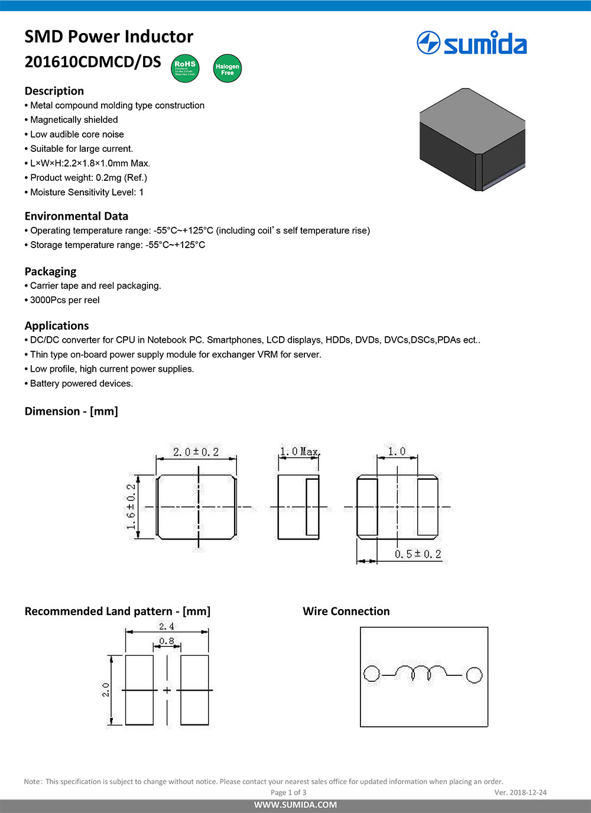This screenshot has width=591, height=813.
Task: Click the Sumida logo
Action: tap(472, 44)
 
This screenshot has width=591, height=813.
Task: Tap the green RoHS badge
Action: tap(185, 68)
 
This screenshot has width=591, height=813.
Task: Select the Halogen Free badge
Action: tap(228, 69)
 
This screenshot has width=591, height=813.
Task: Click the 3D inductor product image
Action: tap(472, 139)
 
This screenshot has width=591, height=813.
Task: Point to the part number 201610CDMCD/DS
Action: tap(93, 62)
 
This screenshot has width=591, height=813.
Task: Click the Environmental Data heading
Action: tap(76, 216)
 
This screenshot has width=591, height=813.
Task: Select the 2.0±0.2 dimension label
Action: tap(196, 452)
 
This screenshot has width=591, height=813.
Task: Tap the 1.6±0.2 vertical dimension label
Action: tap(131, 506)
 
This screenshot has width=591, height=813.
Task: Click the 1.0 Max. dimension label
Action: tap(300, 452)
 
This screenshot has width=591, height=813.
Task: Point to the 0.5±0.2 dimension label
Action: tap(418, 554)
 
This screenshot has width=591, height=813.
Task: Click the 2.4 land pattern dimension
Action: tap(167, 626)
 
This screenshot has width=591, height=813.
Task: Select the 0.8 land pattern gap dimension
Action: tap(167, 641)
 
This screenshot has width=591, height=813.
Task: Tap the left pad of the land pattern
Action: tap(139, 690)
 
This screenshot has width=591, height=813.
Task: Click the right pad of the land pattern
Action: tap(194, 690)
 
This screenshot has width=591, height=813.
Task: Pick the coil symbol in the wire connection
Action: tap(421, 672)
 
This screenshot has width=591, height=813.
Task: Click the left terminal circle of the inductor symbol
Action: tap(371, 674)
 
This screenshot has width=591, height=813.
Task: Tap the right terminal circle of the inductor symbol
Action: tap(474, 675)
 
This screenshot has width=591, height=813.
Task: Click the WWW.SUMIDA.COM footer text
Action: tap(295, 805)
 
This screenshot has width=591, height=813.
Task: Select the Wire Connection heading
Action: tap(346, 612)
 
